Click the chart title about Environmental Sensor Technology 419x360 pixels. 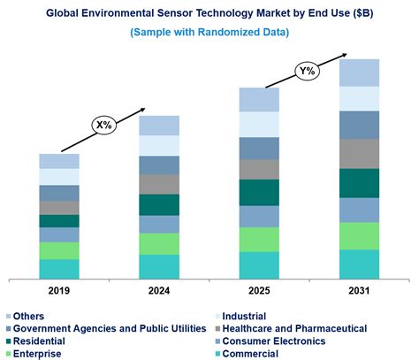tap(209, 12)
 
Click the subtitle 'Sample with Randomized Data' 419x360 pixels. tap(209, 32)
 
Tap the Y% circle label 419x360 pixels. tap(307, 70)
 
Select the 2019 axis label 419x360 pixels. tap(58, 290)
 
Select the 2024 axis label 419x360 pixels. tap(159, 290)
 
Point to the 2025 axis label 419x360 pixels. tap(259, 290)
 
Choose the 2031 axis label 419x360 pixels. tap(359, 290)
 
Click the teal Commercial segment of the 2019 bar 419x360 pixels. tap(58, 269)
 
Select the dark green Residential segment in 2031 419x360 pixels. tap(359, 183)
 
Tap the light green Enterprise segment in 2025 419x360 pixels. tap(259, 240)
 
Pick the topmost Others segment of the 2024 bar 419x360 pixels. tap(159, 125)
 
